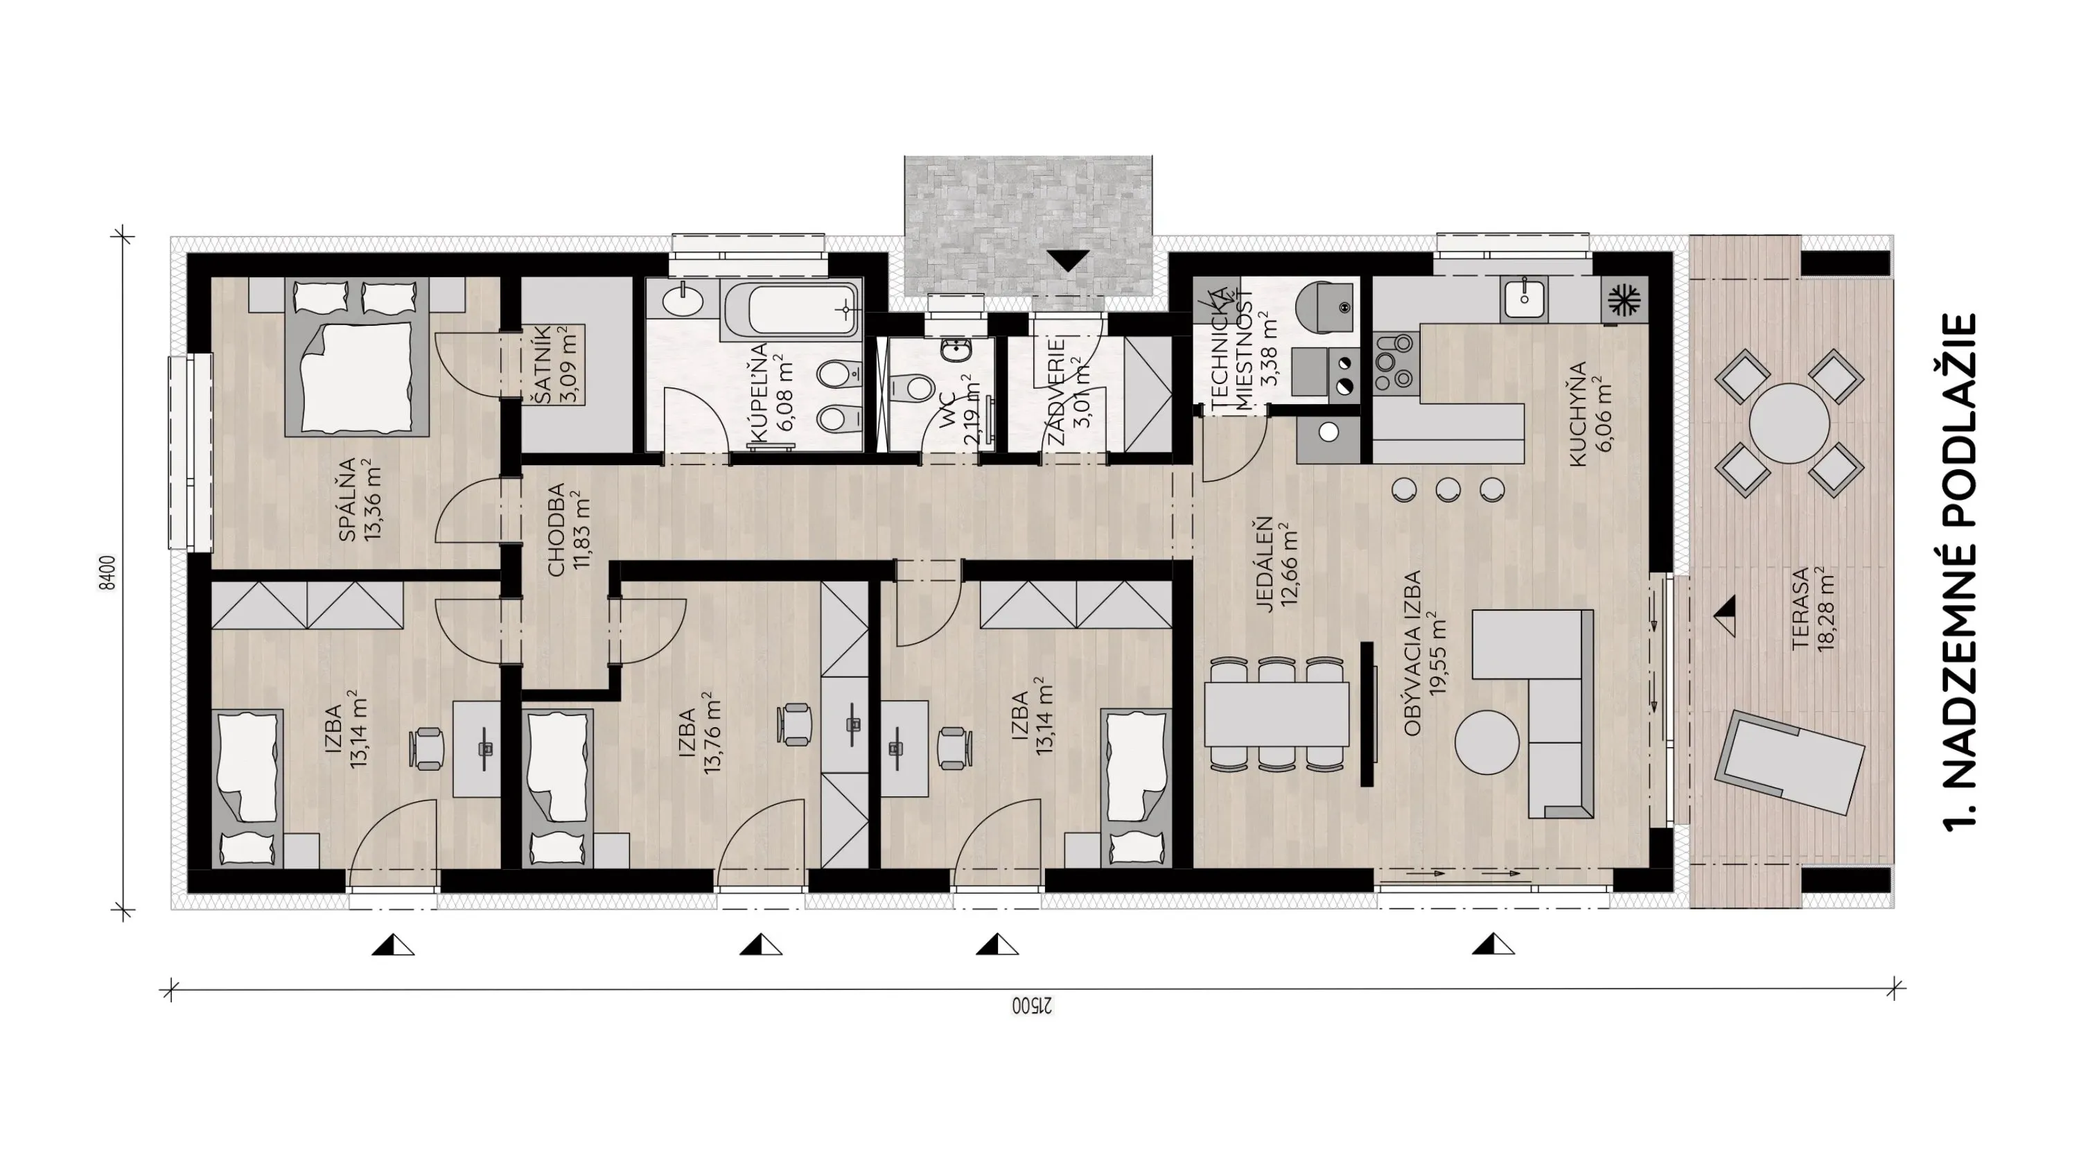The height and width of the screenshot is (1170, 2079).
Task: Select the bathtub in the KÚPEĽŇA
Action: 791,311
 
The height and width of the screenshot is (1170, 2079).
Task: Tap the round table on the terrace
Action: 1789,423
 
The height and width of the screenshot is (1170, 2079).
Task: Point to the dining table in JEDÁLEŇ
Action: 1276,715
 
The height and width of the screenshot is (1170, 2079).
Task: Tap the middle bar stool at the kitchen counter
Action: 1448,489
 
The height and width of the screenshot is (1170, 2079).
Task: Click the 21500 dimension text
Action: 1034,1006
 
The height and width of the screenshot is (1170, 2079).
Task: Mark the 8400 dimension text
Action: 107,573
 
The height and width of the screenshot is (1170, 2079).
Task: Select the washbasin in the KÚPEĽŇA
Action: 683,302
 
